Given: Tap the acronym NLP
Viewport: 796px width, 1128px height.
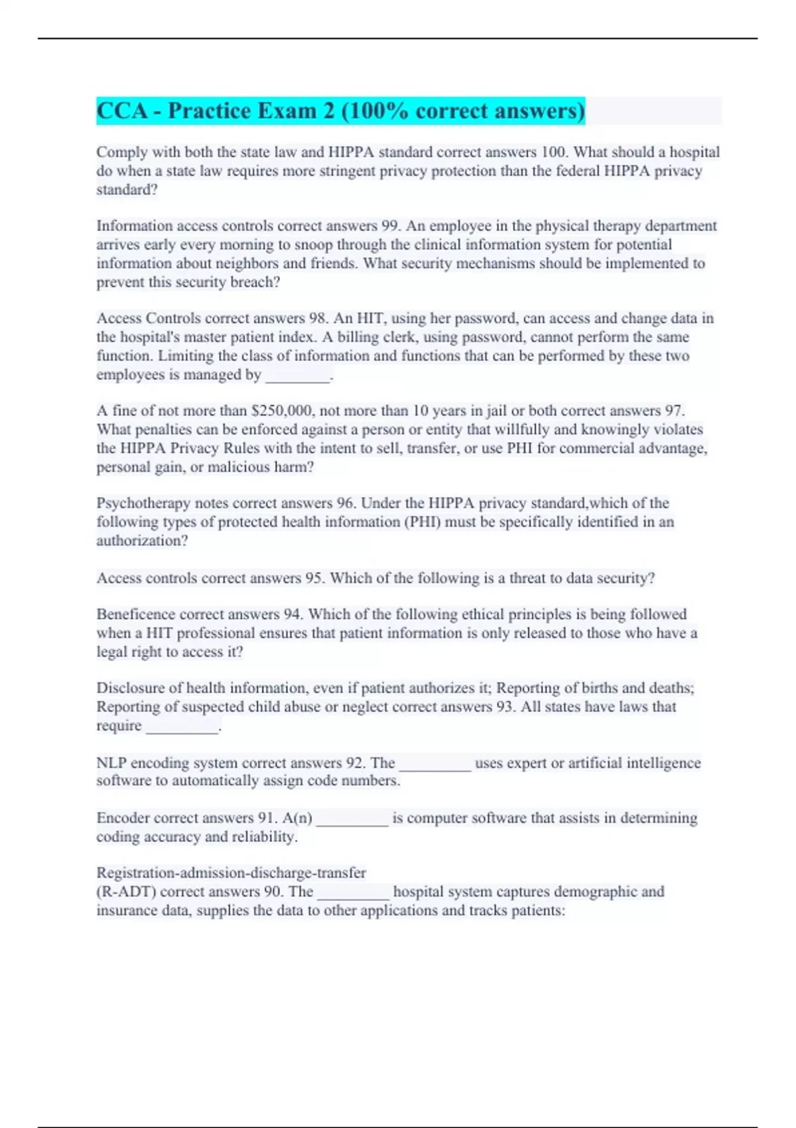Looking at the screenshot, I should (x=111, y=762).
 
